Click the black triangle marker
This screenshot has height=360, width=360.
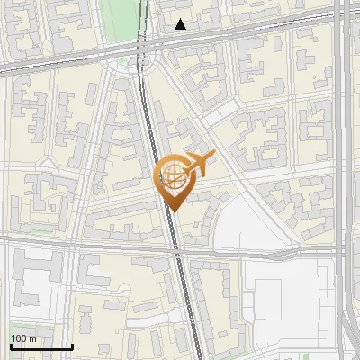(x=181, y=24)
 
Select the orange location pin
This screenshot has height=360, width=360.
(x=173, y=180)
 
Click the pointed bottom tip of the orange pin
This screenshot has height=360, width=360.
(x=173, y=211)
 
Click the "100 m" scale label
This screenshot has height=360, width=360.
(x=23, y=338)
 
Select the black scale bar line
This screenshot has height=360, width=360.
(x=41, y=346)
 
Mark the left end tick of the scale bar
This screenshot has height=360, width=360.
(x=11, y=346)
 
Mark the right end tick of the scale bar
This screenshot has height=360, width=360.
(x=72, y=346)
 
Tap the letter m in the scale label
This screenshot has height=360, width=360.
(x=32, y=338)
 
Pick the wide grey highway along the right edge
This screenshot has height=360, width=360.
(x=347, y=180)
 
